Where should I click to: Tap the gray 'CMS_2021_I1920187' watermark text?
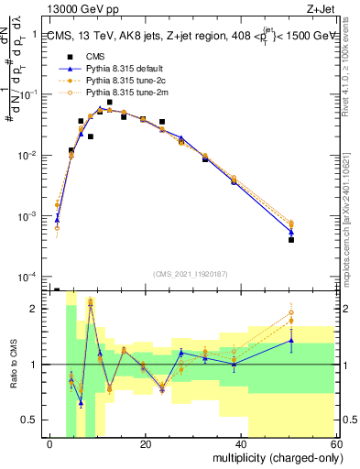point(191,273)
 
